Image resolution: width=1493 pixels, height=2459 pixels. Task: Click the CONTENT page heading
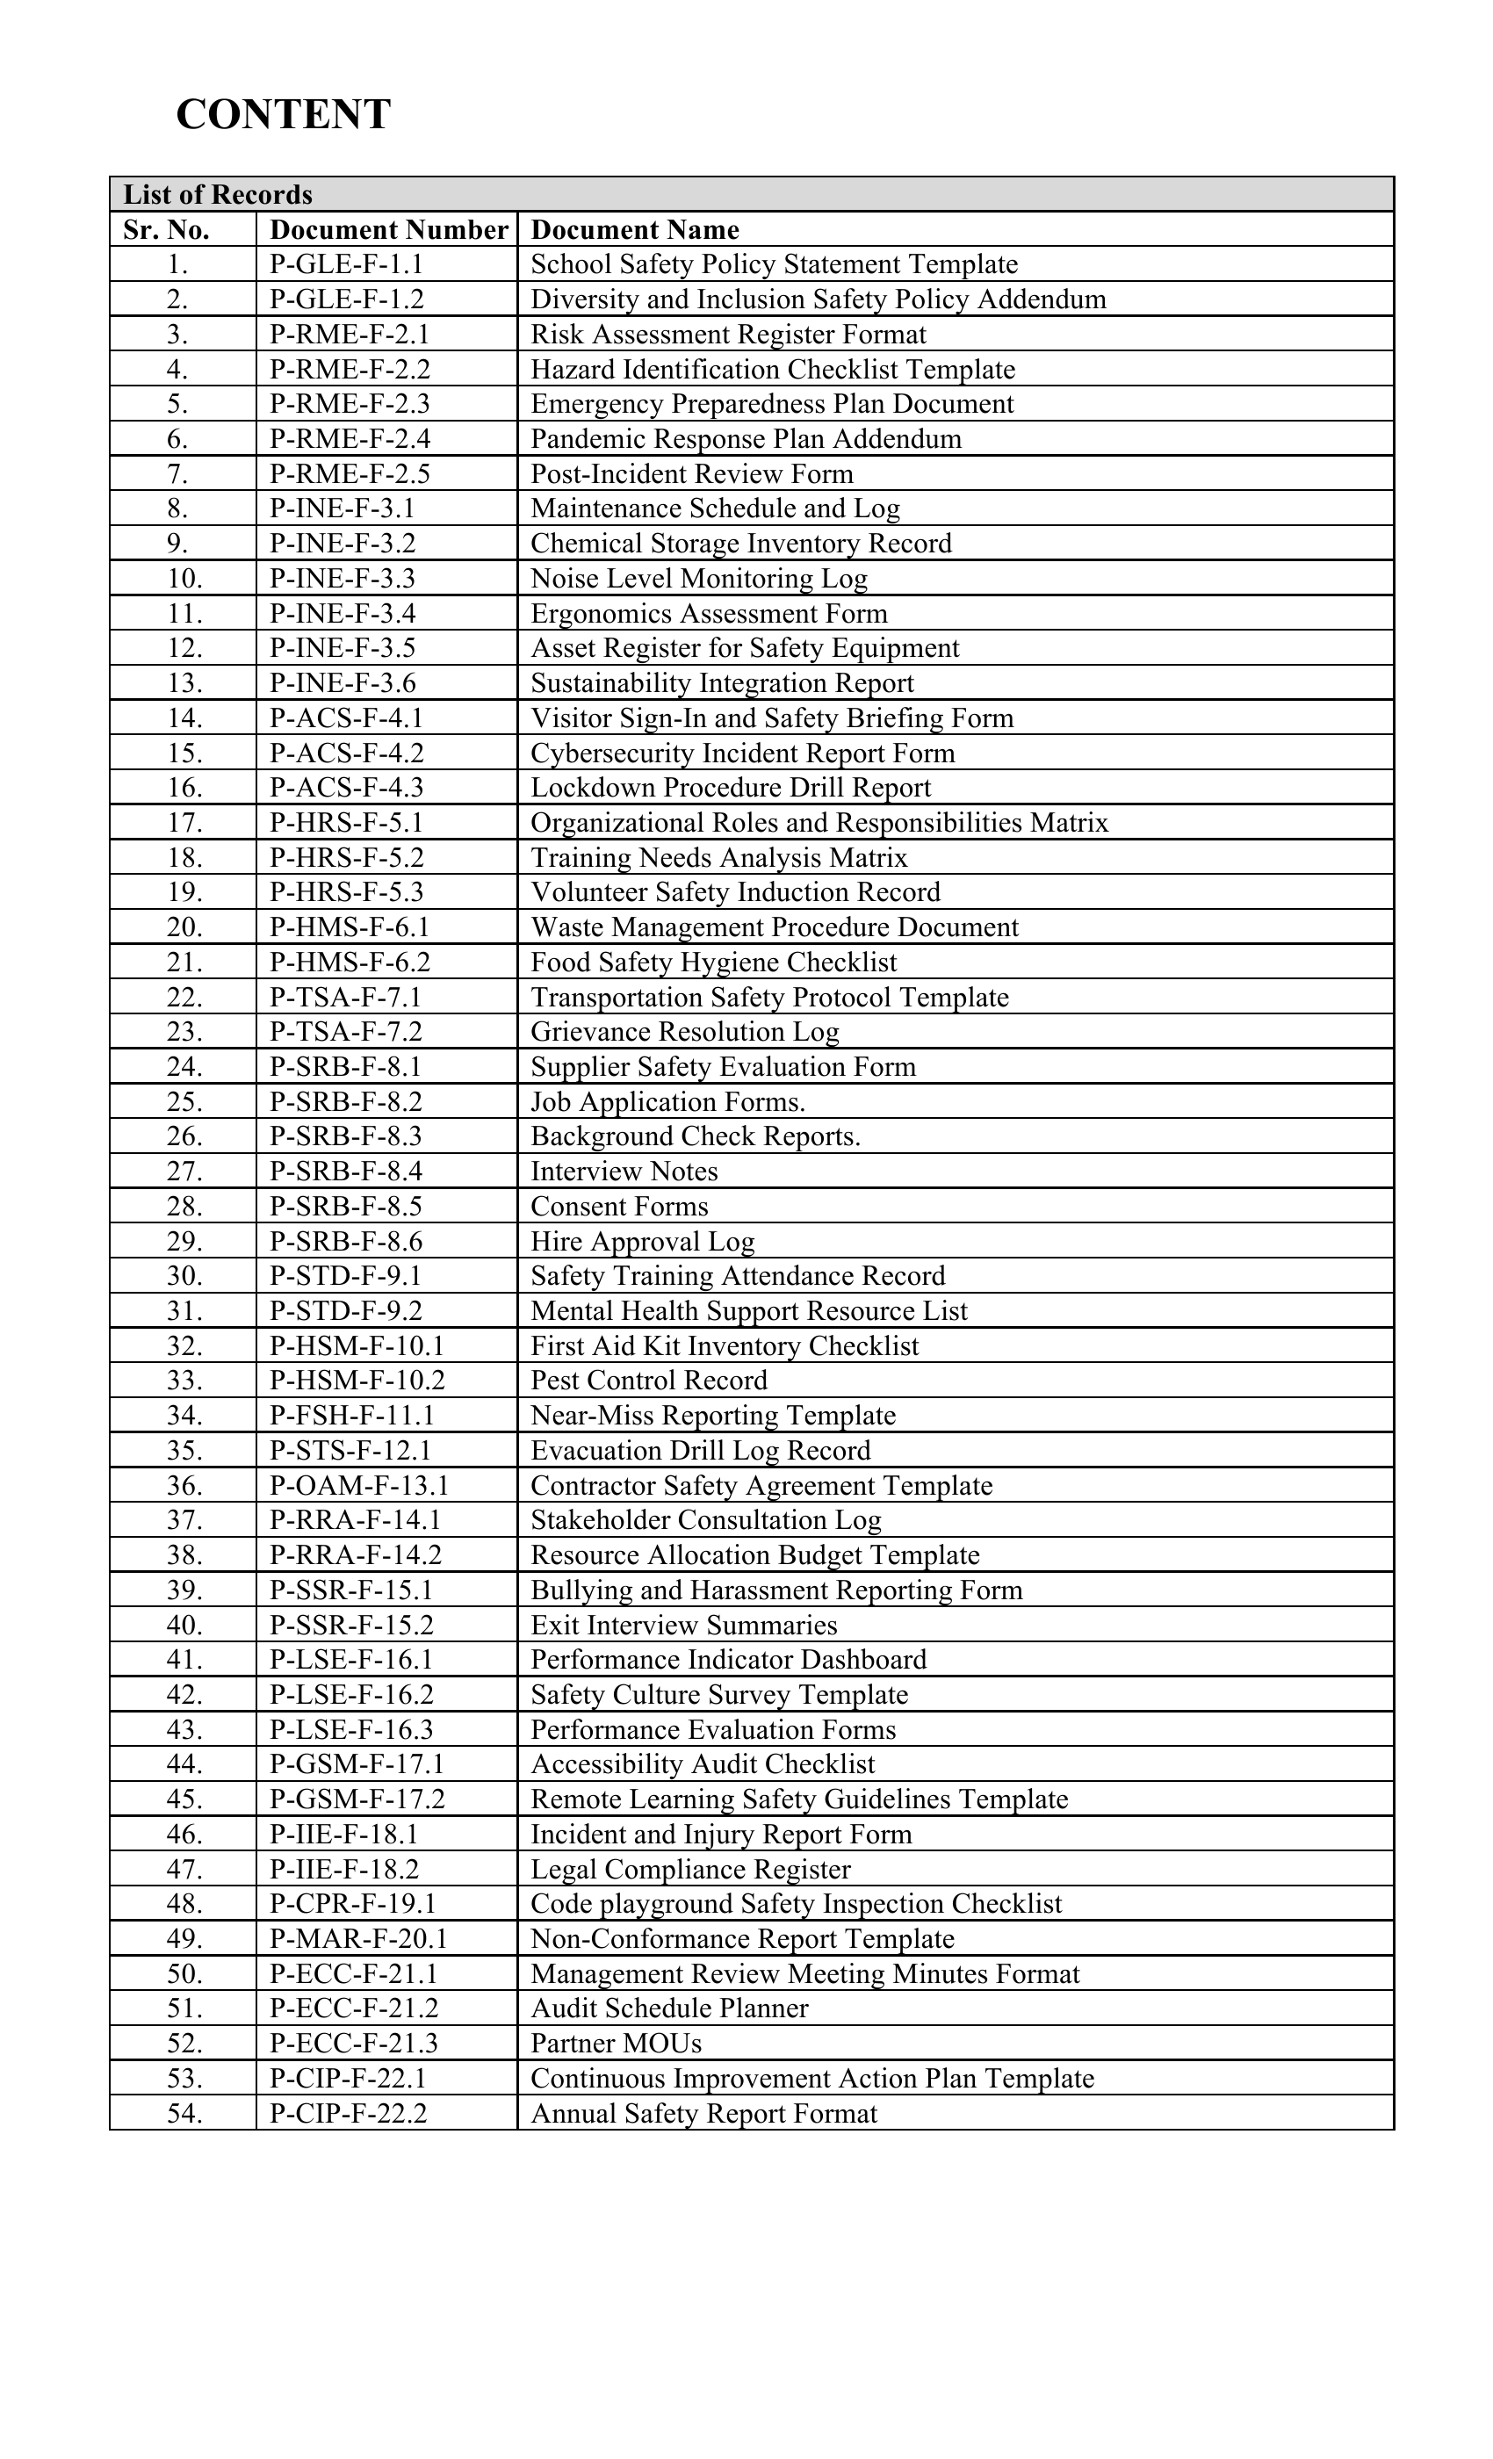click(284, 115)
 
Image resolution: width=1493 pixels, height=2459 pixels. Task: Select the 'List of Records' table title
click(218, 195)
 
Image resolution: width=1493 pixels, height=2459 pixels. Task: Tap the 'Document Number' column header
click(388, 229)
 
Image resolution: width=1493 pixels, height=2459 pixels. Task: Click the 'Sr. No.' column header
click(166, 229)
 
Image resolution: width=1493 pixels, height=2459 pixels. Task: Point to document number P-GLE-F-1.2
click(346, 299)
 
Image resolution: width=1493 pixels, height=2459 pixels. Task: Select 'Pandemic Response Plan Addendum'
click(746, 439)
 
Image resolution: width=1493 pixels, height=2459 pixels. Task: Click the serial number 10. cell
click(184, 579)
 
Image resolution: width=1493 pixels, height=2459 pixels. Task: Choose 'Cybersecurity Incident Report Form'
click(742, 753)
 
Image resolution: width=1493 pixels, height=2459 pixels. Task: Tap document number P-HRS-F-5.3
click(346, 892)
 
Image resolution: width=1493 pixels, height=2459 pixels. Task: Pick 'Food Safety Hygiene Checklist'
click(713, 962)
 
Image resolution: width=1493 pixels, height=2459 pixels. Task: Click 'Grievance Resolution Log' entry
click(685, 1032)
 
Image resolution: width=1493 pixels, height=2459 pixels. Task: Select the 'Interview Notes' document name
click(624, 1172)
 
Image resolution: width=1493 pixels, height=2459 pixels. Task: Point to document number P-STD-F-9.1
click(345, 1276)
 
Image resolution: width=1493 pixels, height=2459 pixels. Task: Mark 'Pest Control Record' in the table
click(649, 1381)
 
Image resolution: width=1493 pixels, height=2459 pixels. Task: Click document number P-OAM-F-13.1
click(359, 1486)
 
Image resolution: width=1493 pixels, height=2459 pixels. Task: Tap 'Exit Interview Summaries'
click(683, 1625)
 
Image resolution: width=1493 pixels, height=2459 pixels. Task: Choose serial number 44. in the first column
click(184, 1764)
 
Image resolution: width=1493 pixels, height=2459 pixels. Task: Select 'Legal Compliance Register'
click(690, 1869)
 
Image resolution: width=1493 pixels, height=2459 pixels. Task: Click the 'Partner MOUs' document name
click(616, 2043)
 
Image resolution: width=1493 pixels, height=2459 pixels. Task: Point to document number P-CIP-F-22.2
click(349, 2113)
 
